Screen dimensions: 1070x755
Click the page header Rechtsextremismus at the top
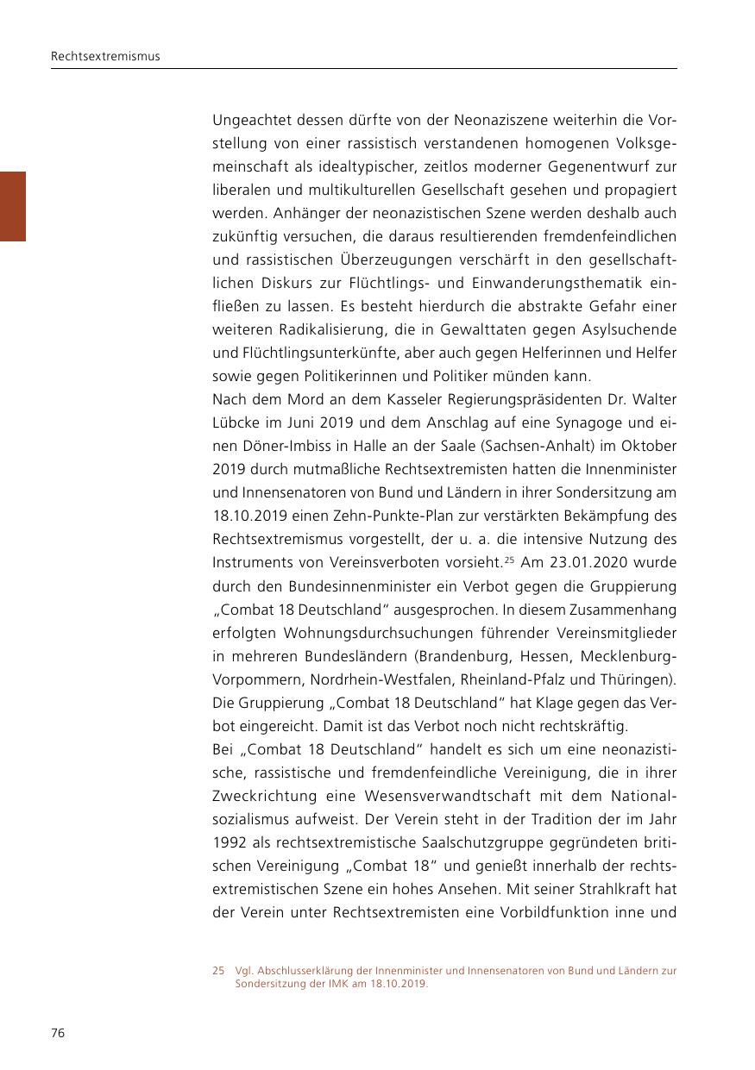(105, 57)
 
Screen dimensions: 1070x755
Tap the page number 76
(57, 1034)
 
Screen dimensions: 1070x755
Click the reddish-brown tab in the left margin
(12, 206)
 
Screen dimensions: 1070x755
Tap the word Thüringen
(637, 679)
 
